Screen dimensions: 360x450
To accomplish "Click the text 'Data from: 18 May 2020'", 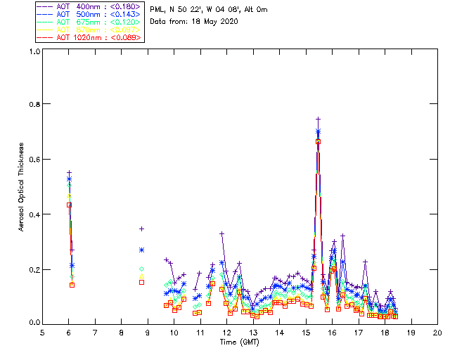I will (x=194, y=21).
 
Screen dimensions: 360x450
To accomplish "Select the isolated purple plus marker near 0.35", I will (x=141, y=229).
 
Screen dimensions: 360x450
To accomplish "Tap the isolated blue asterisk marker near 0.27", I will (x=141, y=250).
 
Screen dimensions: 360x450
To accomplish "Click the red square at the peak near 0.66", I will (x=318, y=141).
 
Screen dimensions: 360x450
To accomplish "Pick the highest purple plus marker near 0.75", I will (x=318, y=119).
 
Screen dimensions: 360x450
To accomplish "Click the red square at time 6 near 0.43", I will (x=69, y=205).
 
